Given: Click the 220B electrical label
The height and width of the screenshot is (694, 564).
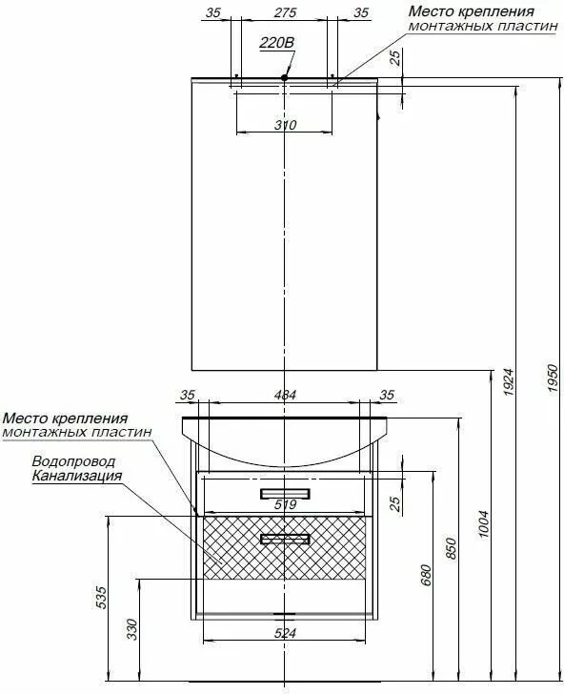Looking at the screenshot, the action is point(277,43).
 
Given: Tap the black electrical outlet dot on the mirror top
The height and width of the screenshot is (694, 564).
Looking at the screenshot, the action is point(285,77).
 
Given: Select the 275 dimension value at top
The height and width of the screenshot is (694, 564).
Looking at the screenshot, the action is point(285,12).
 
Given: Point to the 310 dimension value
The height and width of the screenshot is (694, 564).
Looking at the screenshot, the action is point(285,125).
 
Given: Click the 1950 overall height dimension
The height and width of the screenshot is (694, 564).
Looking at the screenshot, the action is point(553,378).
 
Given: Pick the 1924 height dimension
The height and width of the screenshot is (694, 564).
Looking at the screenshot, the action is point(509,381).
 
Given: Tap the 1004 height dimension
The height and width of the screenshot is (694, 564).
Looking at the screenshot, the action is point(484,524).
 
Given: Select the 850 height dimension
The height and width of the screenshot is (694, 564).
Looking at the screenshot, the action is point(452,548).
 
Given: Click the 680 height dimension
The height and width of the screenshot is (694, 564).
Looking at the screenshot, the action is point(426,575).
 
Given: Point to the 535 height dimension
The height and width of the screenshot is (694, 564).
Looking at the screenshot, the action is point(101,598).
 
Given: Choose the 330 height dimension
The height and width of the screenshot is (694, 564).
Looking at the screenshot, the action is point(132,629).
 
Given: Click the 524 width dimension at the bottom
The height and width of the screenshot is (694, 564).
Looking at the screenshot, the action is point(285,633).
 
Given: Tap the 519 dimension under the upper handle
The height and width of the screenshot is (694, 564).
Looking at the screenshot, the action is point(285,504).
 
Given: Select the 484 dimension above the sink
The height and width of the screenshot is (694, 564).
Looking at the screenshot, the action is point(285,395).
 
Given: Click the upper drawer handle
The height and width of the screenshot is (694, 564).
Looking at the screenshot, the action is point(285,494).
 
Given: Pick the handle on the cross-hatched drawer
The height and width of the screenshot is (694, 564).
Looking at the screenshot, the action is point(285,539).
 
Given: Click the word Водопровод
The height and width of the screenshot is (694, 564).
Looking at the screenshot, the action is point(73,461).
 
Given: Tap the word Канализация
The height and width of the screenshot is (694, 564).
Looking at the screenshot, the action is point(77,476).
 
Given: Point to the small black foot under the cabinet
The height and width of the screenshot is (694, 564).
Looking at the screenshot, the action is point(284,614).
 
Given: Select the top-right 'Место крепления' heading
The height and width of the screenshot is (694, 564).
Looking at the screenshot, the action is point(471,11).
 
